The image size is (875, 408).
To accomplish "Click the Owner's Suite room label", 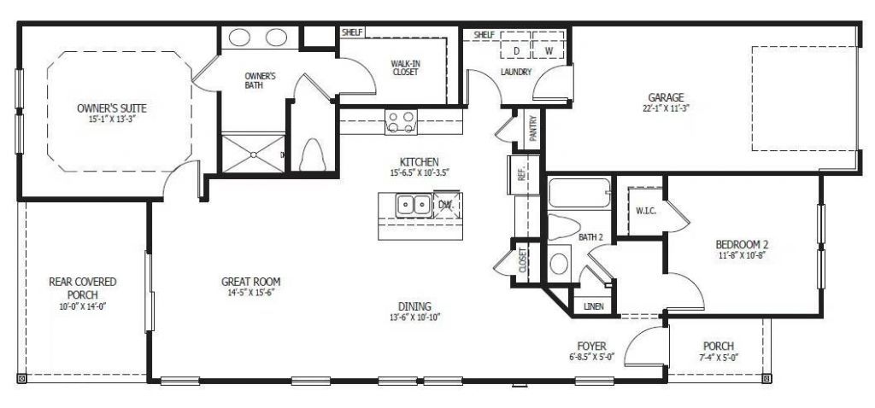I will pyautogui.click(x=111, y=108).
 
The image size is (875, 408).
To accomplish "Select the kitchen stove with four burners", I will pyautogui.click(x=400, y=121).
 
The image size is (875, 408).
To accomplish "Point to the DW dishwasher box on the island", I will pyautogui.click(x=446, y=205).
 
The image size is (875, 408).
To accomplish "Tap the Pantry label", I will pyautogui.click(x=532, y=131).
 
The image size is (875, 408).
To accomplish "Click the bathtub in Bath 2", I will pyautogui.click(x=580, y=193).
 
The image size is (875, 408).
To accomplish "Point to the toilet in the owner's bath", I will pyautogui.click(x=313, y=154).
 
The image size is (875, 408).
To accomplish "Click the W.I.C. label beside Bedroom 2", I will pyautogui.click(x=645, y=211).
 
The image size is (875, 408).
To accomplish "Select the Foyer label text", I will pyautogui.click(x=591, y=346).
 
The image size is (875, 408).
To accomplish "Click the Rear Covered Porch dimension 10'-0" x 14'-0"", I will pyautogui.click(x=82, y=306).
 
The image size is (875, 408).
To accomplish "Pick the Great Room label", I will pyautogui.click(x=250, y=282).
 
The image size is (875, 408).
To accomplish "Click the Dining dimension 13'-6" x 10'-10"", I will pyautogui.click(x=414, y=318).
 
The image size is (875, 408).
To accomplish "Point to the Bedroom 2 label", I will pyautogui.click(x=742, y=245).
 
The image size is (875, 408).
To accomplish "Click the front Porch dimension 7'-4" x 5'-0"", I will pyautogui.click(x=719, y=358).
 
